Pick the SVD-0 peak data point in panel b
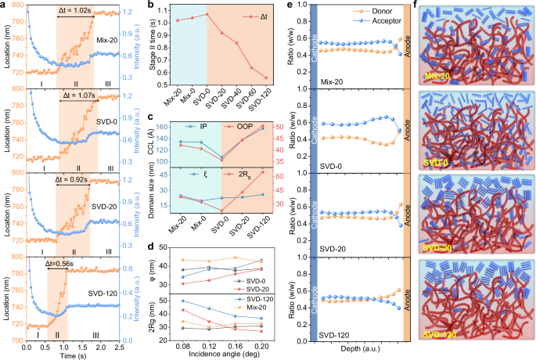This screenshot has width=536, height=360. [x=207, y=14]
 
